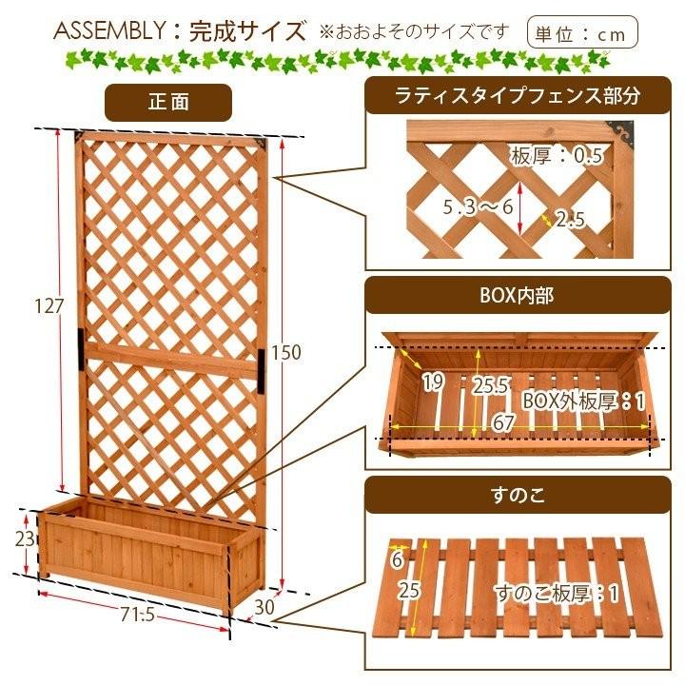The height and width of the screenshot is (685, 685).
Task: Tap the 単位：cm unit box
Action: click(x=582, y=32)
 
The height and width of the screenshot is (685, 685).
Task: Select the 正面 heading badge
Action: click(x=167, y=102)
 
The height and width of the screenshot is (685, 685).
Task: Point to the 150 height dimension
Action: click(x=286, y=352)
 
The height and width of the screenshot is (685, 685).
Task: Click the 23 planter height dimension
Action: click(x=26, y=538)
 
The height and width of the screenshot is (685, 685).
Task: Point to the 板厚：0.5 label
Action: click(x=557, y=156)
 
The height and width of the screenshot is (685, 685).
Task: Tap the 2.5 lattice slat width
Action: click(x=569, y=220)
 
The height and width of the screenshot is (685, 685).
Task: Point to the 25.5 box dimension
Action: click(x=490, y=386)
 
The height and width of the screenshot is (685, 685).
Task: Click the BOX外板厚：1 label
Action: click(x=583, y=400)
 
